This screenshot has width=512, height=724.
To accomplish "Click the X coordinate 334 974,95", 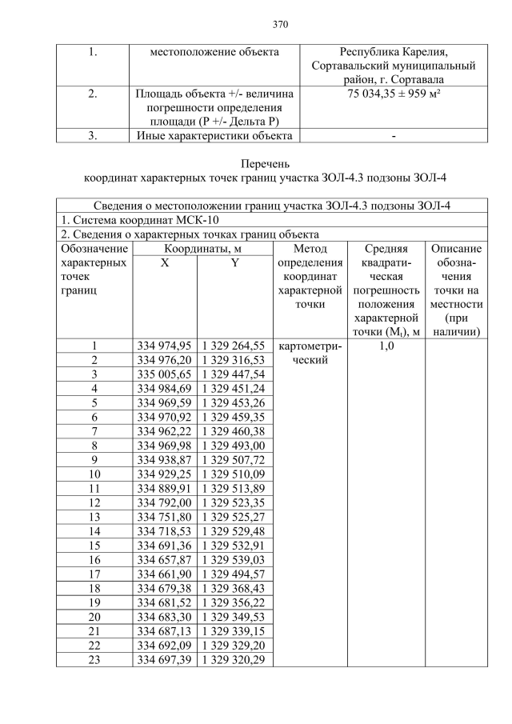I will click(x=164, y=346).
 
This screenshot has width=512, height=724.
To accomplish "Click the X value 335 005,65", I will click(x=164, y=374).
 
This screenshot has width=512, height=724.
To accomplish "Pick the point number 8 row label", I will click(x=94, y=445).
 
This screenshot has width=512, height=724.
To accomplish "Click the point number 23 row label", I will click(x=94, y=658).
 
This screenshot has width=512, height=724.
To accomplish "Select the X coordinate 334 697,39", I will click(x=164, y=658).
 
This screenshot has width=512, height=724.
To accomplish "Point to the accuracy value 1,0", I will click(x=385, y=346).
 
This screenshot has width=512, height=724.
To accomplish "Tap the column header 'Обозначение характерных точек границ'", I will click(x=94, y=271).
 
